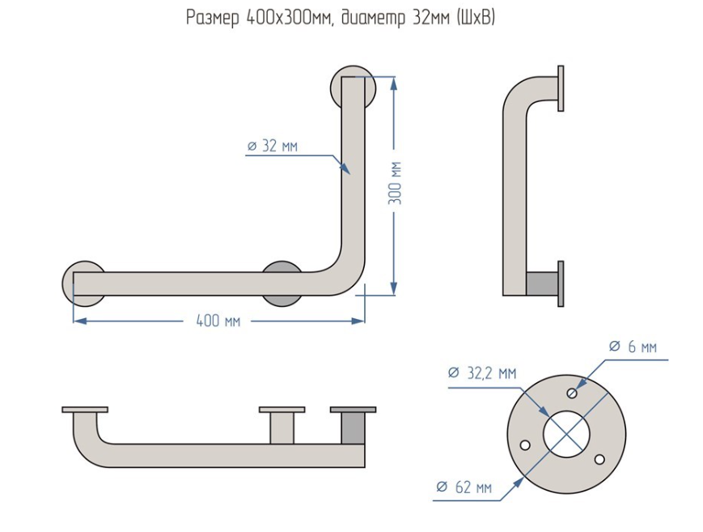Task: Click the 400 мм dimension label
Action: coord(218,321)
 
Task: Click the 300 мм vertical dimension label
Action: coord(396,183)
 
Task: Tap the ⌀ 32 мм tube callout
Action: coord(273,146)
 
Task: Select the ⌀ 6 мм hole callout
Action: coord(633,347)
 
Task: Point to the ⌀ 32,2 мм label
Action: coord(482,373)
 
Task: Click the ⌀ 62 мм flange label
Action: coord(464,487)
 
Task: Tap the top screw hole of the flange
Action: coord(572,394)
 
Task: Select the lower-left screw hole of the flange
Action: coord(525,445)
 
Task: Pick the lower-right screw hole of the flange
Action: coord(599,459)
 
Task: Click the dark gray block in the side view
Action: coord(541,283)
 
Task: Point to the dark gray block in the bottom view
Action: coord(352,428)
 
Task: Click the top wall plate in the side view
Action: coord(561,87)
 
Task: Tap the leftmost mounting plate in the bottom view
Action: coord(85,409)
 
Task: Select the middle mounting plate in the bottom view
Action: coord(282,410)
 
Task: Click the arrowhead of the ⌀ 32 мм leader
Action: coord(346,169)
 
